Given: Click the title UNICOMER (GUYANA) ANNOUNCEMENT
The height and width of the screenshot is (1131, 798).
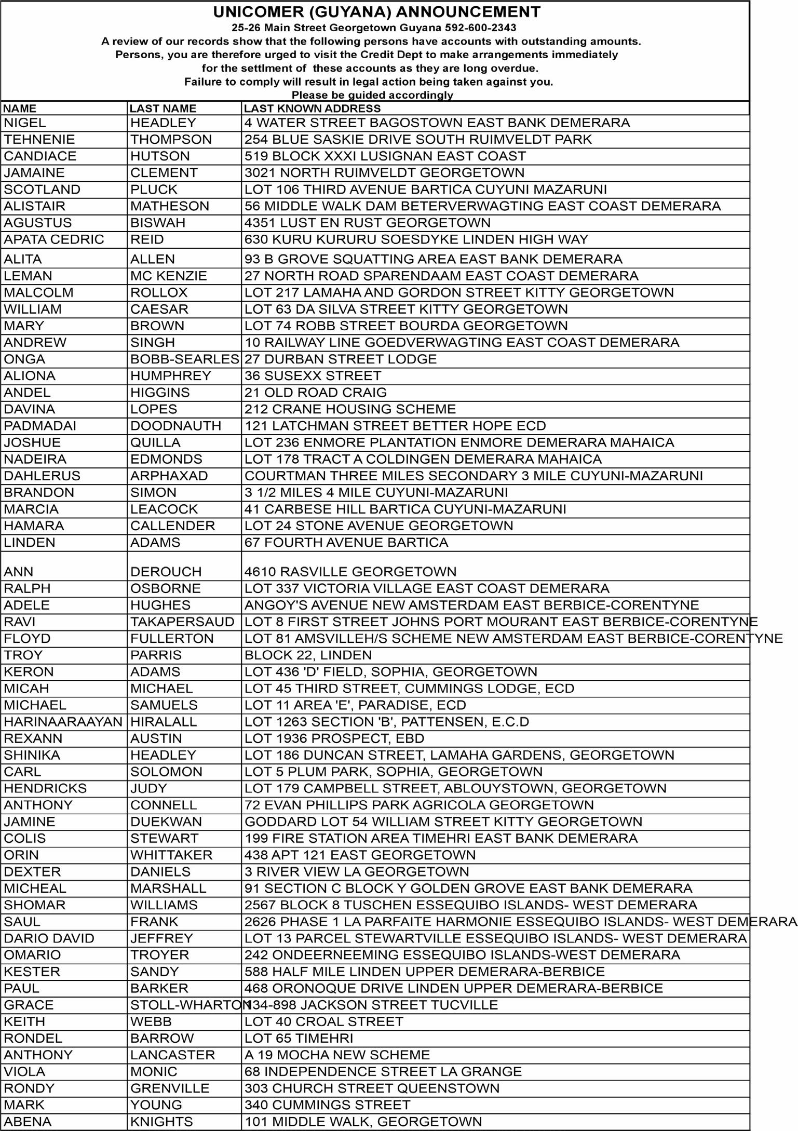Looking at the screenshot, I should click(x=376, y=12).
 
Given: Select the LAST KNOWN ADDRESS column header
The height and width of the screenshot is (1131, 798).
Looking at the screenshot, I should click(x=312, y=109).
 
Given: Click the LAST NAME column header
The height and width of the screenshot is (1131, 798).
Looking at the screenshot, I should click(x=163, y=109).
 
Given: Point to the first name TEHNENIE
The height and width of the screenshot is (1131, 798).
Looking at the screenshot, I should click(x=39, y=140).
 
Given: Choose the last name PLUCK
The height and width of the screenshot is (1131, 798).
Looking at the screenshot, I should click(x=154, y=190).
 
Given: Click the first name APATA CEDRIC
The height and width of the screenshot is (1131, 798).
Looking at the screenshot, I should click(x=53, y=239).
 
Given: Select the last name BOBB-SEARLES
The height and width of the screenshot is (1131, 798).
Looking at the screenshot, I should click(x=184, y=359).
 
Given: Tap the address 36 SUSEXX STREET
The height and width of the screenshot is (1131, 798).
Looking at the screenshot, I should click(x=313, y=376).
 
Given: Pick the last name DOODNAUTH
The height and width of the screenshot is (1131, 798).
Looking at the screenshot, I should click(x=175, y=426).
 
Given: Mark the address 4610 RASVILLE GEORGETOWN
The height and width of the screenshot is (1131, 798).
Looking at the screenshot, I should click(x=350, y=572).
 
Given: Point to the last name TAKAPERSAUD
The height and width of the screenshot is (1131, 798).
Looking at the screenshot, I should click(x=182, y=622).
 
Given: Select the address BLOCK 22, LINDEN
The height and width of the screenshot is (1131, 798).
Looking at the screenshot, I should click(x=308, y=655).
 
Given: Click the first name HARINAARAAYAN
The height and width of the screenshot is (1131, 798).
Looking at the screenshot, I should click(x=63, y=722).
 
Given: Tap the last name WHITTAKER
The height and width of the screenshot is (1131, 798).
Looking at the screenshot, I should click(x=171, y=855).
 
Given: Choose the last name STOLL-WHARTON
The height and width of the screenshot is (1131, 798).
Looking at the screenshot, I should click(x=190, y=1005).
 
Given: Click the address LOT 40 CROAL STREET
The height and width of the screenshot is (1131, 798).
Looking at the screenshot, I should click(x=323, y=1021).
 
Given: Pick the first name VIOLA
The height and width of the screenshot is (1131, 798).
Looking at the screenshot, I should click(x=24, y=1071).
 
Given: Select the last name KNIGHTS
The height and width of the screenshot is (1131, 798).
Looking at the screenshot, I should click(x=161, y=1121).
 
